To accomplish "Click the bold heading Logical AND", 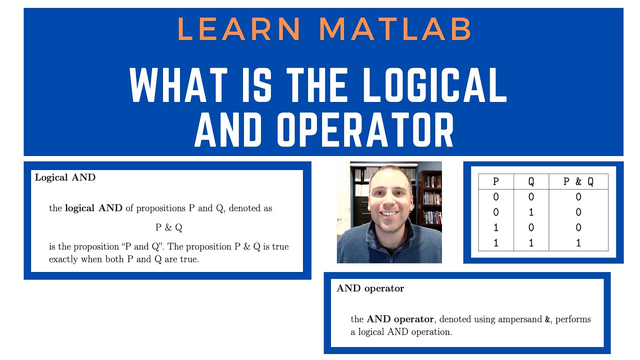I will [x=65, y=177].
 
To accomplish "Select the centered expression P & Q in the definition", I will [x=168, y=227].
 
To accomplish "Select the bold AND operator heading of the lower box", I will [x=370, y=288].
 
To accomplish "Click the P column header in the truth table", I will [x=495, y=181].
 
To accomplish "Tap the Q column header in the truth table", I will [x=530, y=181].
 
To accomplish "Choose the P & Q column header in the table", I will [x=578, y=181].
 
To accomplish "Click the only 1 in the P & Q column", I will [x=578, y=243].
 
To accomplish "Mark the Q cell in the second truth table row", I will [x=530, y=212].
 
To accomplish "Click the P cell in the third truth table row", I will [x=495, y=228].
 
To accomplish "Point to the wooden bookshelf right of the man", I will [x=430, y=200].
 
